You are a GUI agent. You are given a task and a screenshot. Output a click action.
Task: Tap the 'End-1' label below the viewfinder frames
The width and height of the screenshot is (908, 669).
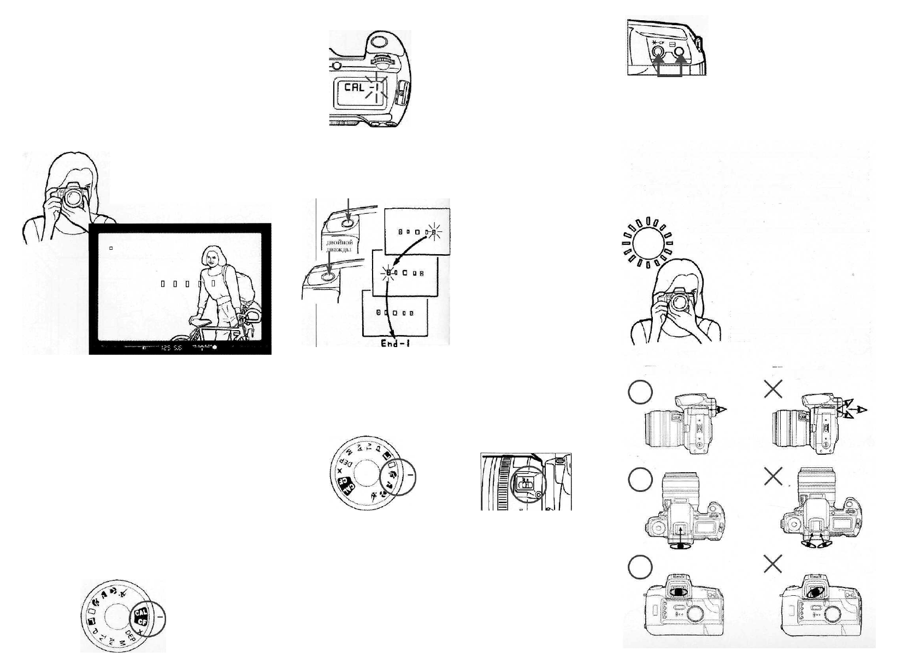tap(396, 343)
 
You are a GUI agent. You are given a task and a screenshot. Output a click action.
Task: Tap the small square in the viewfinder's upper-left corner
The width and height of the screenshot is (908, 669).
tap(111, 248)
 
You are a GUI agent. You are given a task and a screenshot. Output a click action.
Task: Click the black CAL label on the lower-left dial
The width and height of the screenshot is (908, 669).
tap(139, 614)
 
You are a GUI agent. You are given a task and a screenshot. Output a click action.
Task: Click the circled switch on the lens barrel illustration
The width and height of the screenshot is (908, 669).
tap(526, 484)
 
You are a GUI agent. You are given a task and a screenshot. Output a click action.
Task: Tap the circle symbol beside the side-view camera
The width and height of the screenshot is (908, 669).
tap(640, 392)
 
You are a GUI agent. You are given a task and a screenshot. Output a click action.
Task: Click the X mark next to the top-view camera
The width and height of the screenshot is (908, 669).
tap(773, 477)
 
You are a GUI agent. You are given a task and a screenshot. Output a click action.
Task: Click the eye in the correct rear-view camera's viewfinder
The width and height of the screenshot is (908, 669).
tap(678, 591)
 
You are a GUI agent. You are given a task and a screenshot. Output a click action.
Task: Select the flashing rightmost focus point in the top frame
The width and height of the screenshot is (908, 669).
tap(434, 232)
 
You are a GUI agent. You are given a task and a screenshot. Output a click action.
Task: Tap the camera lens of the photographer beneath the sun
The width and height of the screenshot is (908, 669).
tap(681, 302)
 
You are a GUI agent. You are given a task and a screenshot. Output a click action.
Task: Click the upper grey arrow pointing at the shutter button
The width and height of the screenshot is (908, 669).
tap(349, 210)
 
